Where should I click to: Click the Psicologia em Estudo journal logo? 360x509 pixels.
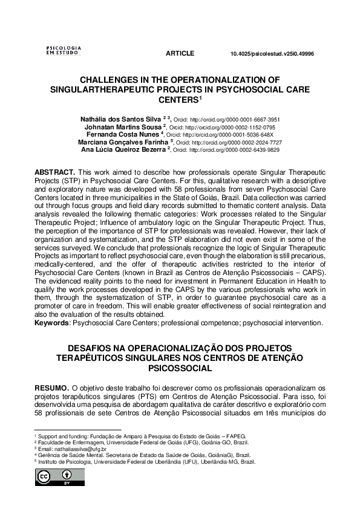point(64,50)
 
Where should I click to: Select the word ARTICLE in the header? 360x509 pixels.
point(180,54)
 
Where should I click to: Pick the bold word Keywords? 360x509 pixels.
point(52,323)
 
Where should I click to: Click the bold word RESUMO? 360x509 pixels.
point(51,387)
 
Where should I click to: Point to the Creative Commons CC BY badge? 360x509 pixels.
point(54,476)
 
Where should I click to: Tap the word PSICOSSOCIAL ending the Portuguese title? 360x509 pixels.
point(180,367)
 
